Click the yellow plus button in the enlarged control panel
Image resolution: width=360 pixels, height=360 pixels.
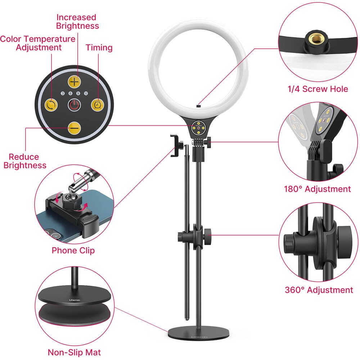click(x=74, y=82)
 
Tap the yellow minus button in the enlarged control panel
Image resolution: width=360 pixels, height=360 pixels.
click(x=74, y=128)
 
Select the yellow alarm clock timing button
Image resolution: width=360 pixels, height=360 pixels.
click(x=98, y=105)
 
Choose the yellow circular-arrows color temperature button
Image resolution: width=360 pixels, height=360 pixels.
click(x=51, y=105)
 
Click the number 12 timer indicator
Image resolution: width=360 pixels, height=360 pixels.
click(x=86, y=94)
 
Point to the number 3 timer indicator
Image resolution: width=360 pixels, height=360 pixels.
click(x=63, y=94)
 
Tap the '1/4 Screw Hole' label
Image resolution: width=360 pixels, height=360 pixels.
click(x=318, y=89)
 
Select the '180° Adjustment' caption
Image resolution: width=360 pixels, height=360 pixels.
click(x=318, y=189)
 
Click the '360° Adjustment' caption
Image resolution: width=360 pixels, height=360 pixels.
click(x=319, y=290)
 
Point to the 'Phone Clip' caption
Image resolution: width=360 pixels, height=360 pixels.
click(x=73, y=251)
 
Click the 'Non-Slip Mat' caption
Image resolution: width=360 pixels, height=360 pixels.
click(x=74, y=352)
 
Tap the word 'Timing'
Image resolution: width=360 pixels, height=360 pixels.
click(x=99, y=48)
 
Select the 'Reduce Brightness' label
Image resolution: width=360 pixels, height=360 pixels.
click(x=25, y=161)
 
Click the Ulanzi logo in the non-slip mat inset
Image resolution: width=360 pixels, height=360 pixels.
click(x=75, y=300)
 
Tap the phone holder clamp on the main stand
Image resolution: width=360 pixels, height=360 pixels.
click(x=175, y=146)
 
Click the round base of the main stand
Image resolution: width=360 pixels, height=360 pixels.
click(x=199, y=333)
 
